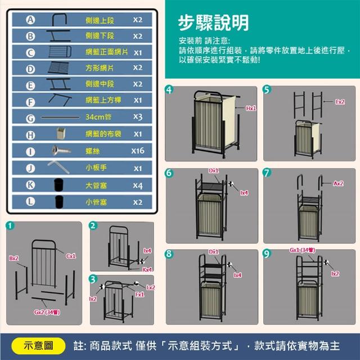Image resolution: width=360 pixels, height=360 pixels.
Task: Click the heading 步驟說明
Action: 213,22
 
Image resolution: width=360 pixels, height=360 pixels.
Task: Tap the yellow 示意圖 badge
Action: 38,346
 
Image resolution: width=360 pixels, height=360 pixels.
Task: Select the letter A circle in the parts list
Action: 30,20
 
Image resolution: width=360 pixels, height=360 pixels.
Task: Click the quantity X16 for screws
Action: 138,151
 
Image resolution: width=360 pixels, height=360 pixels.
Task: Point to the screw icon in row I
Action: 61,150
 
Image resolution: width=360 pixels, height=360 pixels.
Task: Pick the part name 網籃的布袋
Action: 103,134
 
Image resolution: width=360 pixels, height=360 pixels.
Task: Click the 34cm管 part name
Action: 98,117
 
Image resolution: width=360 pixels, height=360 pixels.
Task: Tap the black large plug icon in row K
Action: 58,184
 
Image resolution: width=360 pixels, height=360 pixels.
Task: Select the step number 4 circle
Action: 169,90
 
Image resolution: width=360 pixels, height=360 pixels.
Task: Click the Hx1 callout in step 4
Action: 251,108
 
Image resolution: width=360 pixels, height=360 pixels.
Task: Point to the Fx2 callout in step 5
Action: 340,102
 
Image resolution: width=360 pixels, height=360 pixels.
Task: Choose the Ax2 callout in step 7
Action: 338,183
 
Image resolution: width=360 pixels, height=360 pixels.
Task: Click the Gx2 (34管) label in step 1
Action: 47,312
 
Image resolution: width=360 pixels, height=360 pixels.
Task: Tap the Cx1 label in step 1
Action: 71,256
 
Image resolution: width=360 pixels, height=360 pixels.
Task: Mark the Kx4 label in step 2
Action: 147,269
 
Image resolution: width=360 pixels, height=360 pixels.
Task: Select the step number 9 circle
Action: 267,254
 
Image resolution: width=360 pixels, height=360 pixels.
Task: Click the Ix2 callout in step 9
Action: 335,273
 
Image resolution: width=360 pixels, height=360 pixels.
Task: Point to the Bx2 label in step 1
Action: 13,258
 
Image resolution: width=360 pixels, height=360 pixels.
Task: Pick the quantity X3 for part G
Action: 138,117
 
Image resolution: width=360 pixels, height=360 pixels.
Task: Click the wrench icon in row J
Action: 58,167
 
